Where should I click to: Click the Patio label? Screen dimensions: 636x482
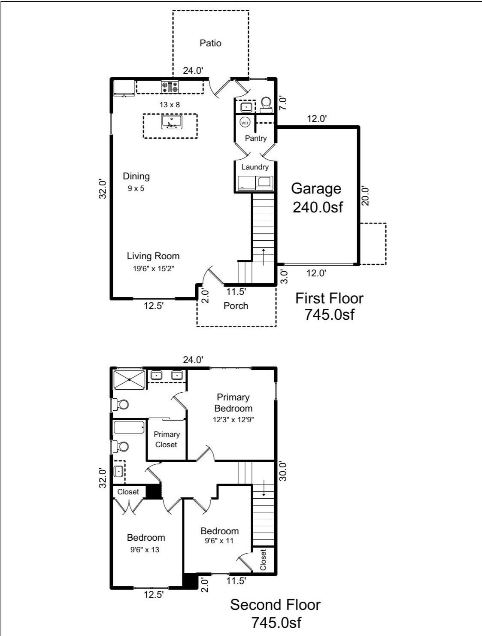pyautogui.click(x=210, y=43)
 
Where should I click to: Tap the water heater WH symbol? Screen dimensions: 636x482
pyautogui.click(x=245, y=123)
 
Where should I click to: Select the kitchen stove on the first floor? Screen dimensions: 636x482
pyautogui.click(x=170, y=87)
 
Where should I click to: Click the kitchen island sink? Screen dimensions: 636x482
pyautogui.click(x=171, y=122)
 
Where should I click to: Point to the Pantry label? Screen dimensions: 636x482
pyautogui.click(x=256, y=138)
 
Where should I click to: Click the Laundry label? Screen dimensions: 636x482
pyautogui.click(x=255, y=167)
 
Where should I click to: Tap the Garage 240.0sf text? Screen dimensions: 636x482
pyautogui.click(x=317, y=197)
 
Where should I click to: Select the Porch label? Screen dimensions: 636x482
pyautogui.click(x=236, y=306)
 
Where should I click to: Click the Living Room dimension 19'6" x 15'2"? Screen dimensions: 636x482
pyautogui.click(x=153, y=269)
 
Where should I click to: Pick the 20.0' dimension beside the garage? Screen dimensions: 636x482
pyautogui.click(x=366, y=196)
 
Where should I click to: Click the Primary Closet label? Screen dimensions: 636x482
pyautogui.click(x=167, y=439)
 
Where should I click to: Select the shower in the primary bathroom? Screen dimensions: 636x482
pyautogui.click(x=129, y=379)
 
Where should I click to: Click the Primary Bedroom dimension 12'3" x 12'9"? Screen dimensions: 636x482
pyautogui.click(x=233, y=420)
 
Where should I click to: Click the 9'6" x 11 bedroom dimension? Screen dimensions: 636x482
pyautogui.click(x=219, y=541)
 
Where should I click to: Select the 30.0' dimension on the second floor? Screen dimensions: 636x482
pyautogui.click(x=282, y=471)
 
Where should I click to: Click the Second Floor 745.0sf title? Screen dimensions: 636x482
pyautogui.click(x=275, y=613)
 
